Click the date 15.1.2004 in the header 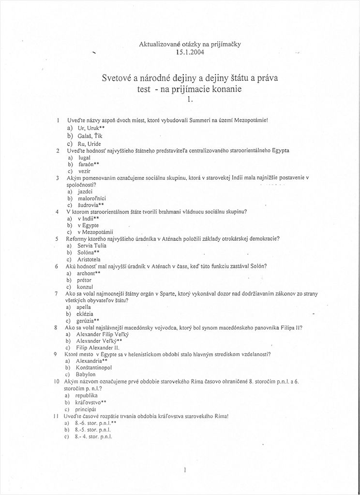pyautogui.click(x=183, y=52)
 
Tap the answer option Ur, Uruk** pyautogui.click(x=91, y=128)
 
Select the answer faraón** pyautogui.click(x=89, y=164)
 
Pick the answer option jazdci pyautogui.click(x=86, y=191)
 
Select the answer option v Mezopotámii pyautogui.click(x=96, y=232)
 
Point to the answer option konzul pyautogui.click(x=86, y=287)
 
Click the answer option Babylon pyautogui.click(x=86, y=374)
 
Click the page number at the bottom pyautogui.click(x=185, y=469)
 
